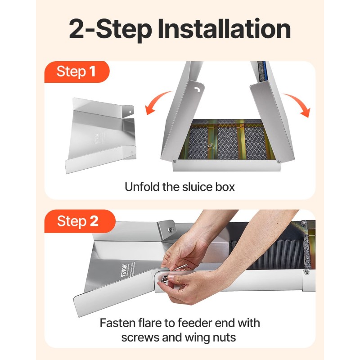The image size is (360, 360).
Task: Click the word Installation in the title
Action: pyautogui.click(x=224, y=29)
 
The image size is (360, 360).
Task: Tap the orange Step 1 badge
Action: pyautogui.click(x=76, y=72)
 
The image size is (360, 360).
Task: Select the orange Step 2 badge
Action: pyautogui.click(x=80, y=221)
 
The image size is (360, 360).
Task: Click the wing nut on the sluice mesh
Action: pyautogui.click(x=210, y=145)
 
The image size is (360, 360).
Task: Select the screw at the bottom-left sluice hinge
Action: pyautogui.click(x=175, y=161)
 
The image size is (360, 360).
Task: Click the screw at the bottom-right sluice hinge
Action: pyautogui.click(x=279, y=162)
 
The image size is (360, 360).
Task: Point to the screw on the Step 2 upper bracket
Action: pyautogui.click(x=171, y=229)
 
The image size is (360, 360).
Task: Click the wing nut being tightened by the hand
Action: pyautogui.click(x=164, y=279)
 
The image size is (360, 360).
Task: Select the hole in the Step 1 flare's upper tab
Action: pyautogui.click(x=130, y=112)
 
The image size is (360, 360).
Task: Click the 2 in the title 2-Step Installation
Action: pyautogui.click(x=76, y=29)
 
